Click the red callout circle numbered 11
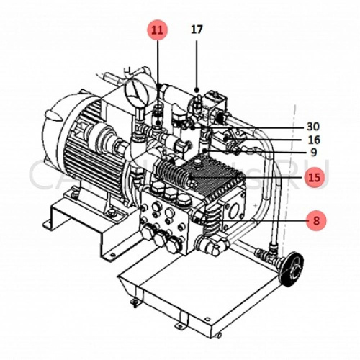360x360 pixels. (x=158, y=30)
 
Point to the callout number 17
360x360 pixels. (x=197, y=30)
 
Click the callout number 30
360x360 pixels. (x=312, y=126)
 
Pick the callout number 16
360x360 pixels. (x=312, y=140)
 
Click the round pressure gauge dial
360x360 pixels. (x=135, y=93)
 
